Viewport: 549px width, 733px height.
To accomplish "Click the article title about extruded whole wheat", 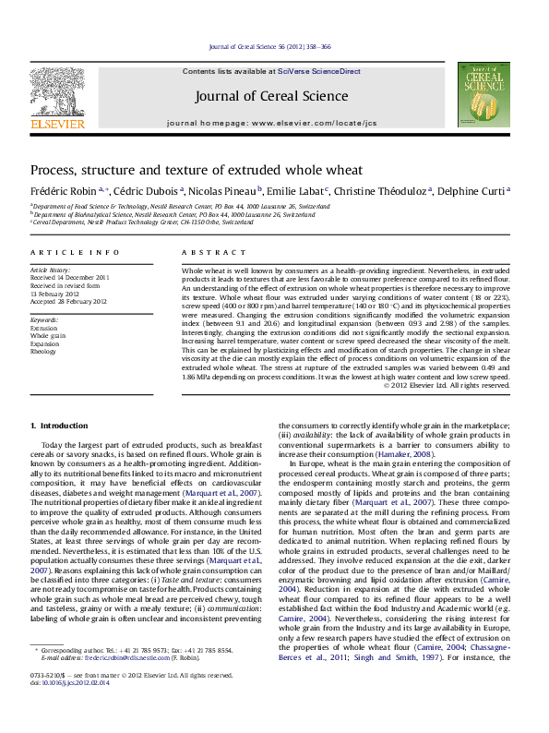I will (x=197, y=170).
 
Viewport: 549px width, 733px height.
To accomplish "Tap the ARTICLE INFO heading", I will (x=75, y=252).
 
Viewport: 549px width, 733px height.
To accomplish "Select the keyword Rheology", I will (x=44, y=351).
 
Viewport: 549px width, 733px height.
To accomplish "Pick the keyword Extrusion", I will (x=43, y=328).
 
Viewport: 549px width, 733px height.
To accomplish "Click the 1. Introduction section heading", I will (x=59, y=426).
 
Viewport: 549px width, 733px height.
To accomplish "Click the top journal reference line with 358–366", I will (x=274, y=46).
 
